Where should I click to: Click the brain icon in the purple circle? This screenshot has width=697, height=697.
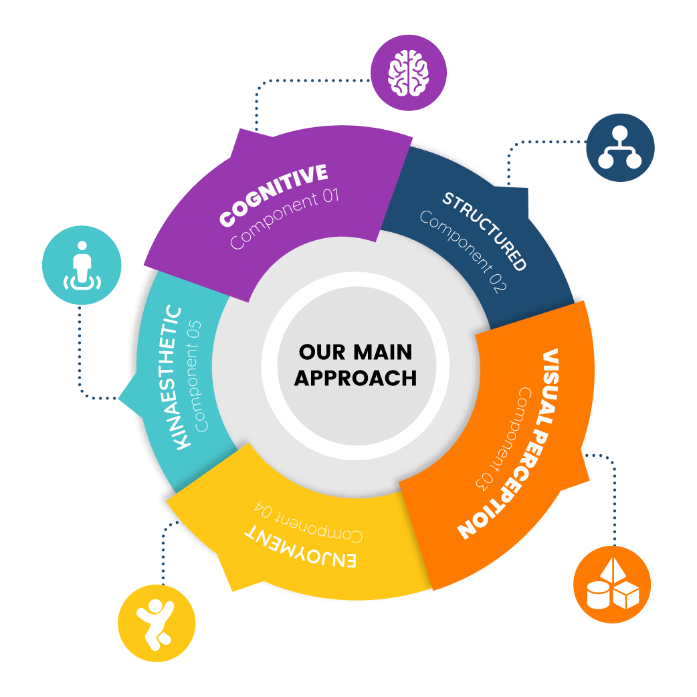tap(408, 72)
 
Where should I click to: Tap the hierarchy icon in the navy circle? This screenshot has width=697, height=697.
tap(619, 146)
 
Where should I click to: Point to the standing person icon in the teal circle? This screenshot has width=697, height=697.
tap(82, 266)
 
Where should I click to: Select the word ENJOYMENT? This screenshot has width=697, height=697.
tap(300, 548)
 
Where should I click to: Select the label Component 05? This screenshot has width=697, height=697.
tap(201, 377)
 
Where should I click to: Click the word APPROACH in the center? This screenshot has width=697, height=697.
tap(355, 377)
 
